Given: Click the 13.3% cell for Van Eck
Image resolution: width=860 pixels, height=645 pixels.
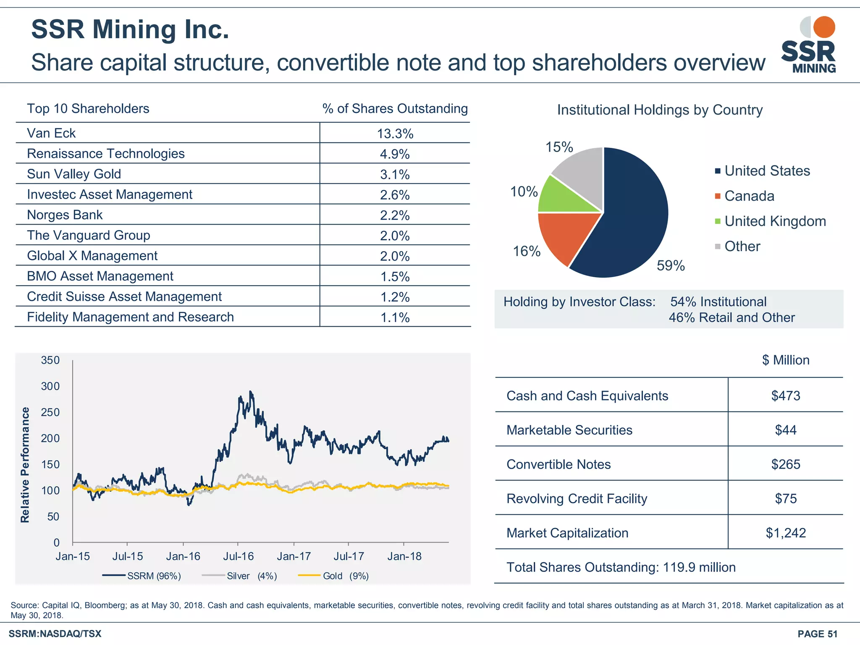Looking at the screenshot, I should click(395, 134).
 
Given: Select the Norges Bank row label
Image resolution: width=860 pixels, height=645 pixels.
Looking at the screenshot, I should click(65, 215).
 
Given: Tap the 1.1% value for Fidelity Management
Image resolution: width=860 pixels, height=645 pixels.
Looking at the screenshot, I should click(395, 317).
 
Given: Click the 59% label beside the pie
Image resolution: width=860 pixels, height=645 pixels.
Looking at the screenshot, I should click(671, 266).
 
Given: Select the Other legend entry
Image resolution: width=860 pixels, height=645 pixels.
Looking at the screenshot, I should click(742, 246).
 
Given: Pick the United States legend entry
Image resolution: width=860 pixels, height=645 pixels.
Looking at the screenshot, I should click(767, 171).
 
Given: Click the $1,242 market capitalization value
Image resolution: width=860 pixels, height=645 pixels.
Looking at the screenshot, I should click(785, 533).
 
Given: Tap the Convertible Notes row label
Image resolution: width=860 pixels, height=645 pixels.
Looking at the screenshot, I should click(558, 464).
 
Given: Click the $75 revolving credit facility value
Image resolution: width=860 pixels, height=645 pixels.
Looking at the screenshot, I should click(785, 499).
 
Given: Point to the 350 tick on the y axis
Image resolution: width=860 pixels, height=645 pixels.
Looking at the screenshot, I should click(50, 360).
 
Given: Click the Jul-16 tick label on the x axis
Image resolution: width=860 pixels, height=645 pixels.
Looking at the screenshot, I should click(238, 556).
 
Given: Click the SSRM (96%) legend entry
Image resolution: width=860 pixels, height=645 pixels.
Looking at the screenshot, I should click(154, 576).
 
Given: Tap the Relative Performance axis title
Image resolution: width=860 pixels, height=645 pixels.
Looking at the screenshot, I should click(25, 465).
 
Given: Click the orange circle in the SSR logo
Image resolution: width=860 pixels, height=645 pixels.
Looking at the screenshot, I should click(824, 27).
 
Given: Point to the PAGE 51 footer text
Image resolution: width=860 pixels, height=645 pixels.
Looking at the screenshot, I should click(817, 634).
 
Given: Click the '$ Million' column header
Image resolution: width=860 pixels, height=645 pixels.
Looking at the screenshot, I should click(785, 360).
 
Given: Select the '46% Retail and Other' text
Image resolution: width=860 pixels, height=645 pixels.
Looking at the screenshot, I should click(732, 318).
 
